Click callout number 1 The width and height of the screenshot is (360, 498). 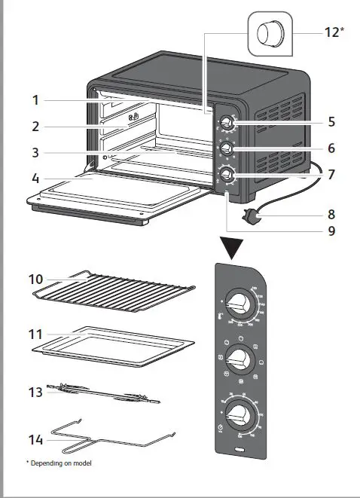35,99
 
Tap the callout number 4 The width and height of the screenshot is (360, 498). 35,179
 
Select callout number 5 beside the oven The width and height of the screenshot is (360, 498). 331,121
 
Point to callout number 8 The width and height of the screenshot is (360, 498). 331,213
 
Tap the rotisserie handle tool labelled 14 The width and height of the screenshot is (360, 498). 113,435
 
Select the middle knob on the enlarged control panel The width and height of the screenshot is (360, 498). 240,356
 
